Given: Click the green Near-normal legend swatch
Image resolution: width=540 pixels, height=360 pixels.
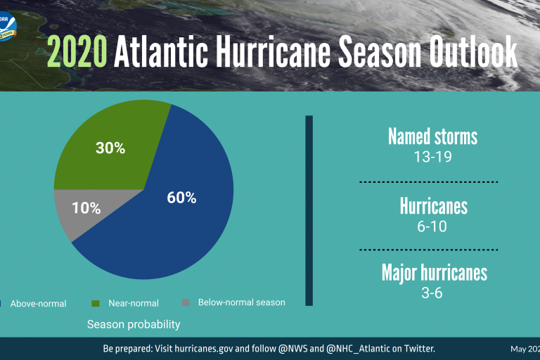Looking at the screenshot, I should tap(96, 303).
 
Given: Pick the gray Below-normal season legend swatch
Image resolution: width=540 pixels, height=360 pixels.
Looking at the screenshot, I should tap(186, 302).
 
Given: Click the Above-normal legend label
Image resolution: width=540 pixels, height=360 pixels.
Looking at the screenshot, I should tap(38, 304).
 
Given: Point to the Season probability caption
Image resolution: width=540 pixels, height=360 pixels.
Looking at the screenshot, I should tap(134, 324).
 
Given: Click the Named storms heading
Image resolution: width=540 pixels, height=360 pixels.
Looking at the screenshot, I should tap(432, 136).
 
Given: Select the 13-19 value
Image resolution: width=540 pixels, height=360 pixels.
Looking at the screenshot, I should tap(432, 156).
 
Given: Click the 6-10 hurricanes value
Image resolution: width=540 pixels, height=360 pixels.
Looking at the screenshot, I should tap(432, 226).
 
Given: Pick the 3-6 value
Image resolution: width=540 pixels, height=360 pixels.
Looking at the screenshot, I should tap(432, 292).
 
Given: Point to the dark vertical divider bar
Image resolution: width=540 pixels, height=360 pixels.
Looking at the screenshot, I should tap(309, 211).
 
